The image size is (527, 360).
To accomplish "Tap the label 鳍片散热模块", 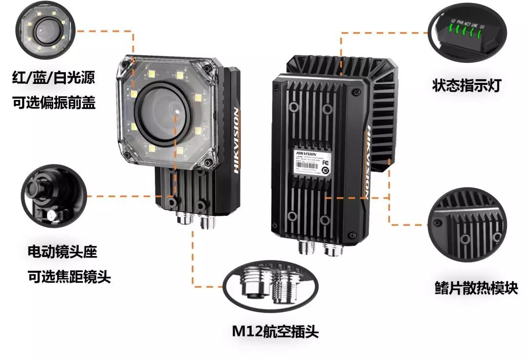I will click(476, 288).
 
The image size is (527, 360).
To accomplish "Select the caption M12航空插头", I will click(275, 332).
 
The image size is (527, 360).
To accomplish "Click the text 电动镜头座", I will click(62, 252).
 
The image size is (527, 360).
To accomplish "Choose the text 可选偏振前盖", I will click(54, 103).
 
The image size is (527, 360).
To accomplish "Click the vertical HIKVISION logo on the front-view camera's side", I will click(236, 141).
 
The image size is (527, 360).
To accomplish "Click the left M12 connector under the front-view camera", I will click(183, 221).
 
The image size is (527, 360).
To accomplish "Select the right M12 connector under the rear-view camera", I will click(333, 250).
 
